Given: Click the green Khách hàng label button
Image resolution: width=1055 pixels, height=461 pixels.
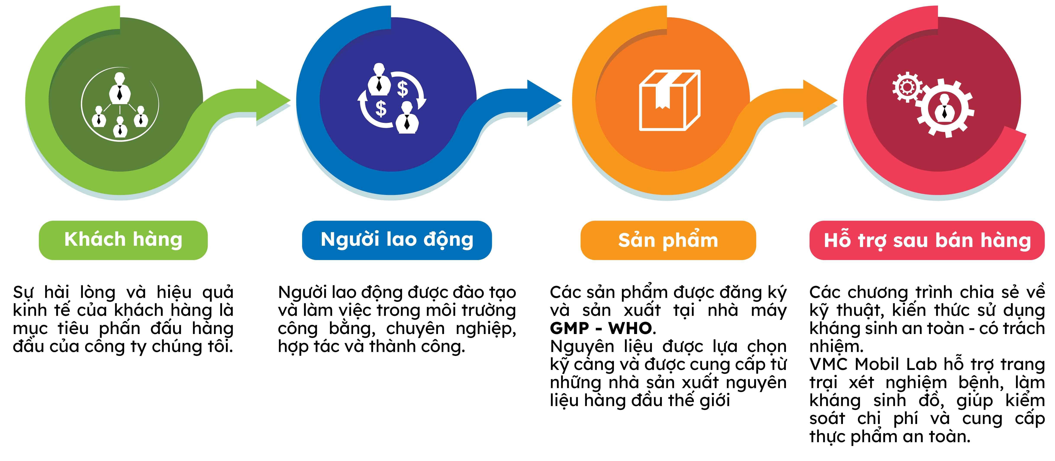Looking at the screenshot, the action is tap(123, 240).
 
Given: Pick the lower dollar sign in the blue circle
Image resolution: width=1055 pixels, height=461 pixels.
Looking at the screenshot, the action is tap(381, 109).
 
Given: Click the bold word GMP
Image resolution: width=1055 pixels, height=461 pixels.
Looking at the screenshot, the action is tap(569, 328).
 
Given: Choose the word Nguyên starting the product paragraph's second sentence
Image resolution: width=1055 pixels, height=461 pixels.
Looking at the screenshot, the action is tap(581, 346).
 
